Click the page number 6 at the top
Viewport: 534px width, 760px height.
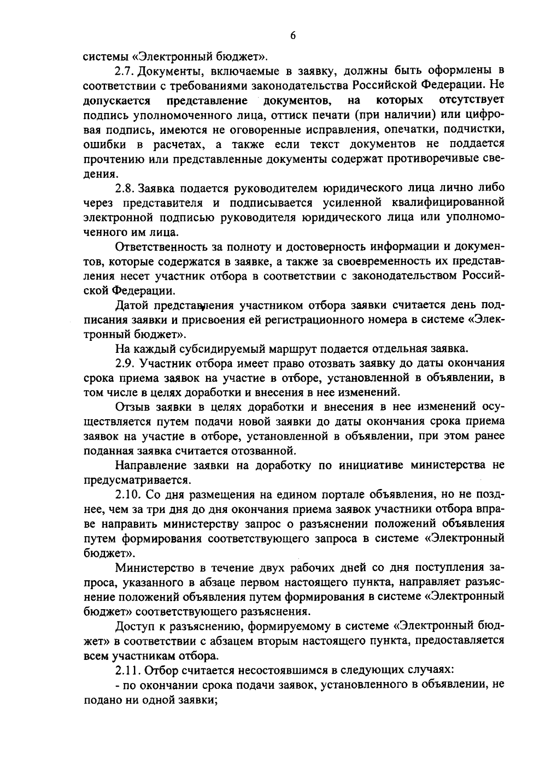(x=292, y=36)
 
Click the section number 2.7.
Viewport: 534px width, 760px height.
(x=125, y=71)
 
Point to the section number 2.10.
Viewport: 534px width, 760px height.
(x=128, y=495)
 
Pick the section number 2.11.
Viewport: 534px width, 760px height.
(x=128, y=670)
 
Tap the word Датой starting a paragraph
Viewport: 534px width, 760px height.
(x=132, y=305)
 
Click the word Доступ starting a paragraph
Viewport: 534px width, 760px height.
(x=135, y=627)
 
